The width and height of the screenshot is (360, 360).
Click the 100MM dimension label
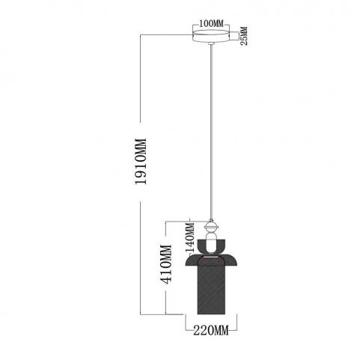tap(211, 23)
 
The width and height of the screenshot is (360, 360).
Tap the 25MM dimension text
tap(245, 36)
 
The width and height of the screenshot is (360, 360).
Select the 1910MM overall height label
tap(140, 162)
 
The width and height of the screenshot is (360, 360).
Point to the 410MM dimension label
tap(166, 264)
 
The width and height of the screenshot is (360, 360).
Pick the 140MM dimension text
tap(190, 237)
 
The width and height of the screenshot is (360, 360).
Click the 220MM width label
tap(211, 331)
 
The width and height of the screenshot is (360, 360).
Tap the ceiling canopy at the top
tap(211, 37)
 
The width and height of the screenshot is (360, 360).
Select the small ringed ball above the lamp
tap(211, 227)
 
